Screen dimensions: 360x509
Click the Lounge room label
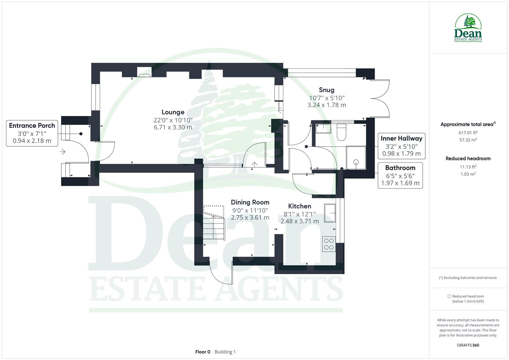173,112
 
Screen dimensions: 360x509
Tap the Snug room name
326,90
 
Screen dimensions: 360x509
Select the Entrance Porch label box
32,133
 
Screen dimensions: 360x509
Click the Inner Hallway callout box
401,146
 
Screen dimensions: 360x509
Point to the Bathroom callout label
400,175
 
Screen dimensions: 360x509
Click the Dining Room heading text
250,202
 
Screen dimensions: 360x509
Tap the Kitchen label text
300,206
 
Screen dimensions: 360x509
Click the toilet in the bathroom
342,132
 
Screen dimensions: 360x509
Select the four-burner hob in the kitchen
329,244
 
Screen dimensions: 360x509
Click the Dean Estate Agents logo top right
468,28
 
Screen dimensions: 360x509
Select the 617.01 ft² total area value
468,132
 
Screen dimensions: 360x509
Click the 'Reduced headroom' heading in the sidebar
468,159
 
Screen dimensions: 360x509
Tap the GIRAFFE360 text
468,345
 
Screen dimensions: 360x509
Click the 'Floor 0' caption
203,352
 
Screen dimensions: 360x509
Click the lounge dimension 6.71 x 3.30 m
173,127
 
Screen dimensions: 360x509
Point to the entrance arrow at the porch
63,152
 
